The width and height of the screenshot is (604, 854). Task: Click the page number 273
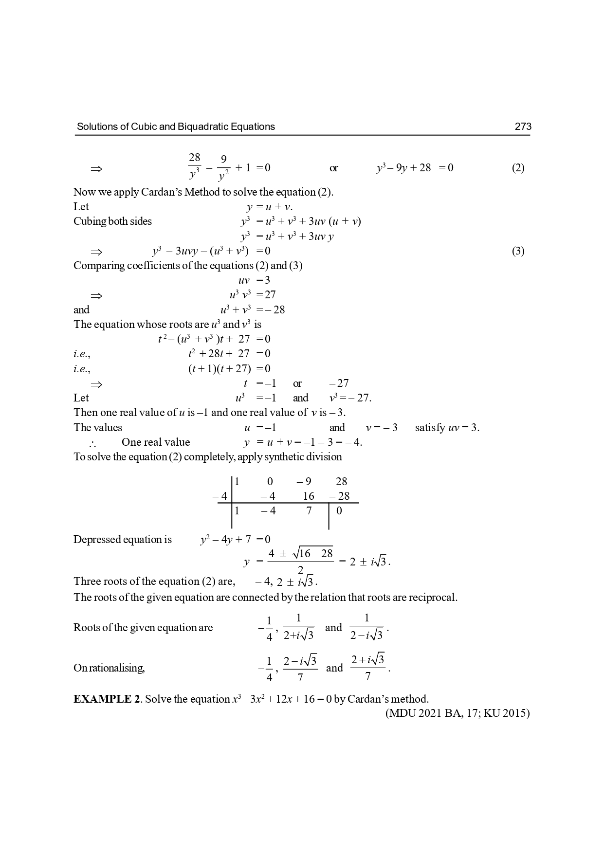click(x=523, y=127)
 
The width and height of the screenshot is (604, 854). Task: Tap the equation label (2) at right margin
click(x=518, y=168)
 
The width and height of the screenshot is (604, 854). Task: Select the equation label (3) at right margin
click(x=518, y=251)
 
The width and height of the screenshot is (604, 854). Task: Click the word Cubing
click(x=90, y=221)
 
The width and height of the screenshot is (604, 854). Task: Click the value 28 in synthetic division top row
click(x=341, y=481)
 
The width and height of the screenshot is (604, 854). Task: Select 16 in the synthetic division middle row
click(x=309, y=496)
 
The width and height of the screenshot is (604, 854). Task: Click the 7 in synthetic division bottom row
click(x=309, y=510)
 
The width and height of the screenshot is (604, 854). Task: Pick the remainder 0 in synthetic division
click(x=339, y=510)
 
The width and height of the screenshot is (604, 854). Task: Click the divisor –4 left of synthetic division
click(x=220, y=496)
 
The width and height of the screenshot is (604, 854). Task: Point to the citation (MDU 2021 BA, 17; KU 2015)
click(x=457, y=713)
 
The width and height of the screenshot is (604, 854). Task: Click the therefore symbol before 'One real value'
click(x=92, y=443)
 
